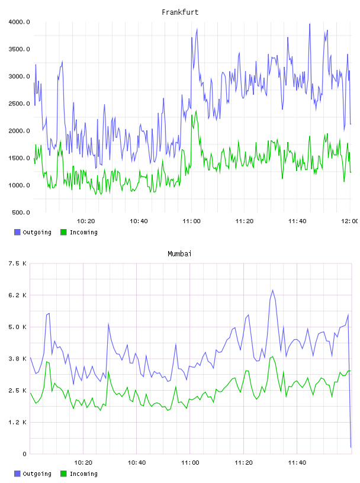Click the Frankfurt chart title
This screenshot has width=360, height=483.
(x=180, y=12)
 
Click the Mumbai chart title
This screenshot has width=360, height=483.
(x=179, y=254)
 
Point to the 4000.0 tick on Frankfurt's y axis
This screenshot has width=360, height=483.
(x=19, y=22)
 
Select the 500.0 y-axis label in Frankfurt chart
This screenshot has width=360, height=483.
(x=21, y=212)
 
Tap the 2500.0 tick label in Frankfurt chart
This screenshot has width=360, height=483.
(x=19, y=104)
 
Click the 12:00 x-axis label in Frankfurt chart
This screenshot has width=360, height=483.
(x=350, y=221)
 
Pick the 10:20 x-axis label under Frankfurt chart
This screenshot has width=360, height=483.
(x=86, y=221)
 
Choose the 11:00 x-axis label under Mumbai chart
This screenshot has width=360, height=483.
(x=190, y=463)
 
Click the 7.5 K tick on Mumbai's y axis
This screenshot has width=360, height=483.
(x=18, y=263)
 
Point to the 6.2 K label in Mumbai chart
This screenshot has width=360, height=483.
(x=18, y=295)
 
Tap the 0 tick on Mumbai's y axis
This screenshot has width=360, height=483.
(x=25, y=454)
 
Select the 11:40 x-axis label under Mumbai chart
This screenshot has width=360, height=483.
(x=297, y=463)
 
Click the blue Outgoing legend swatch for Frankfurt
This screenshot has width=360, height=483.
(x=17, y=232)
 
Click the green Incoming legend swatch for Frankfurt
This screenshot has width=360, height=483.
(x=63, y=232)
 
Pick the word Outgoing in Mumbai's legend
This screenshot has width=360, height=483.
(x=37, y=474)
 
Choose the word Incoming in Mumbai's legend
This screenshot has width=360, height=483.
(x=83, y=474)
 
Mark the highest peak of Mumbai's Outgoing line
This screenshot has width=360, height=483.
(x=272, y=290)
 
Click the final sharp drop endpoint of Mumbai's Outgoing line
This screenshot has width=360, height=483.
(x=351, y=447)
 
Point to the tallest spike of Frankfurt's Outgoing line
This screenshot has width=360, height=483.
(x=310, y=24)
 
